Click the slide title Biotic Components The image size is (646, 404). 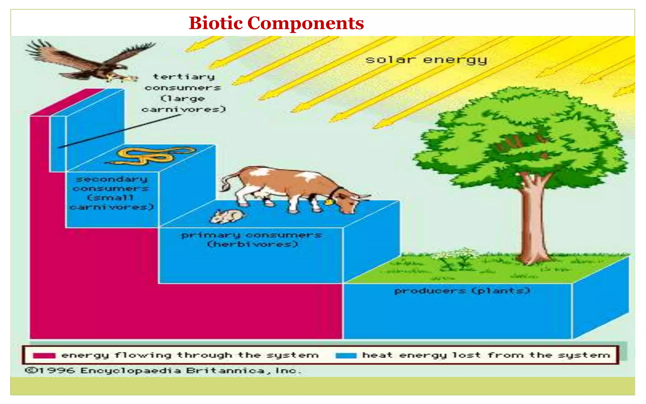tap(276, 23)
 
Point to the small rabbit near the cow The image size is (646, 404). tap(226, 216)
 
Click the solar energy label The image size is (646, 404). tap(426, 60)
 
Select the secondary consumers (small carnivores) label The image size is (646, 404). tap(112, 193)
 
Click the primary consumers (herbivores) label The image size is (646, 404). tap(252, 239)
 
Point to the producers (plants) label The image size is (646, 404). tap(462, 290)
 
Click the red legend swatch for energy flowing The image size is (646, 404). tap(44, 355)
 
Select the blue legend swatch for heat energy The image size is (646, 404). tap(346, 355)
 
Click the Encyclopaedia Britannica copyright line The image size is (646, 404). tap(162, 370)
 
